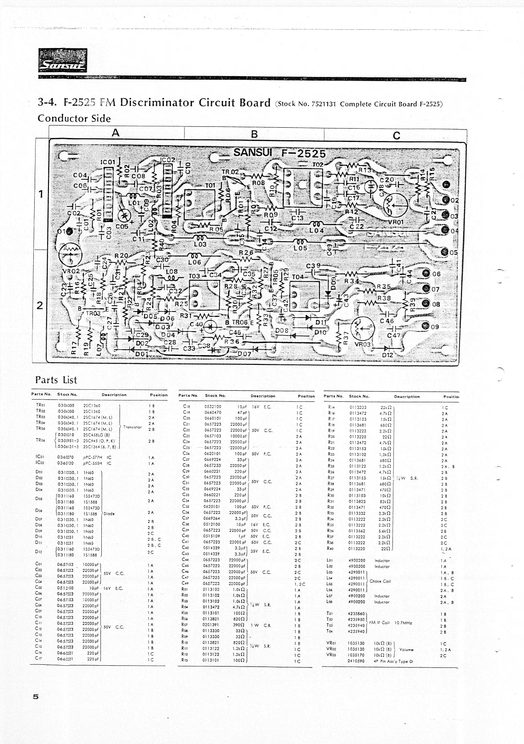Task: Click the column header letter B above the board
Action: pyautogui.click(x=254, y=134)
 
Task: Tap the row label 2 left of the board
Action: pyautogui.click(x=40, y=306)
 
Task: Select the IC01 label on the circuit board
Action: pyautogui.click(x=108, y=162)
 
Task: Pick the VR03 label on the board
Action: pyautogui.click(x=363, y=344)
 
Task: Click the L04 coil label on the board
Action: pyautogui.click(x=316, y=230)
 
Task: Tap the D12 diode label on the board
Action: pyautogui.click(x=388, y=355)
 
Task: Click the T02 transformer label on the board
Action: pyautogui.click(x=318, y=165)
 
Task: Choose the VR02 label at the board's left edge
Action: pyautogui.click(x=71, y=271)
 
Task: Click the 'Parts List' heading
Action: pyautogui.click(x=56, y=380)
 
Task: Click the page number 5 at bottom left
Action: pyautogui.click(x=36, y=697)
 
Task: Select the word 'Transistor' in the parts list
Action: pyautogui.click(x=132, y=427)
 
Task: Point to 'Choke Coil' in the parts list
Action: pyautogui.click(x=380, y=581)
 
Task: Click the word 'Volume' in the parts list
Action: pyautogui.click(x=407, y=649)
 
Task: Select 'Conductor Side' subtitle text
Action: pyautogui.click(x=74, y=118)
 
